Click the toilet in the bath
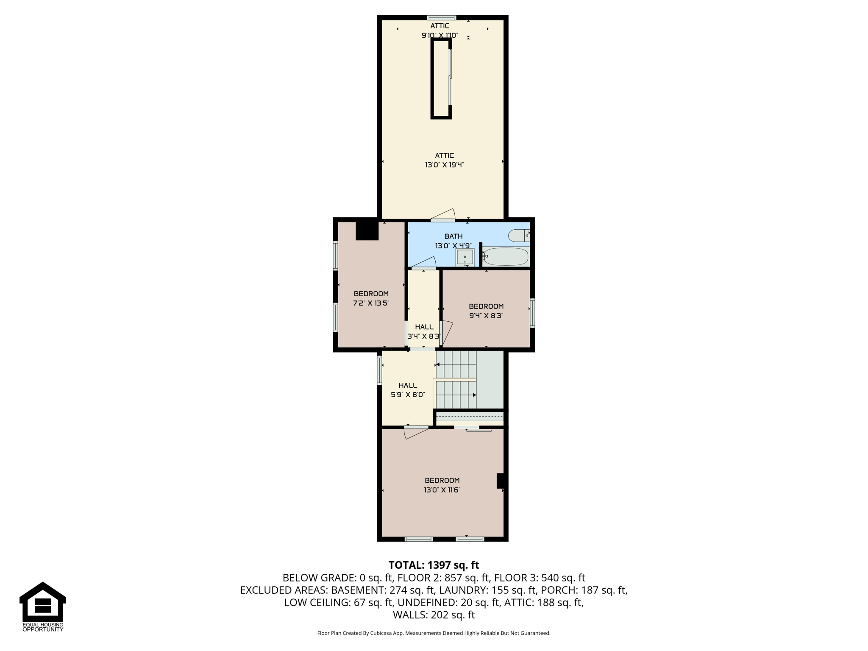pos(519,235)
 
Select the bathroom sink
pos(465,257)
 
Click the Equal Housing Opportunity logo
pos(43,606)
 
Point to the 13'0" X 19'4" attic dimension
pos(444,165)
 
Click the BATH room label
pos(453,236)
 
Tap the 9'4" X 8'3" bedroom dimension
pos(486,316)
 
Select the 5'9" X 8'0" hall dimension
pos(408,395)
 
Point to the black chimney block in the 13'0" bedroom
pos(501,481)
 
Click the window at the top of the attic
pos(442,18)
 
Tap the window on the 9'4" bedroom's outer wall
pos(532,313)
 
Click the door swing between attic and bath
pos(443,215)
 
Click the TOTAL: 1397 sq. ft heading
pos(434,565)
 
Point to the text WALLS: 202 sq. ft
pos(434,615)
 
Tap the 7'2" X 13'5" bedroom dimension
pos(371,303)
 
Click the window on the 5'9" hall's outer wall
pos(380,370)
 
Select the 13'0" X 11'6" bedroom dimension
pos(442,490)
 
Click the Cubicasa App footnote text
pos(434,633)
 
